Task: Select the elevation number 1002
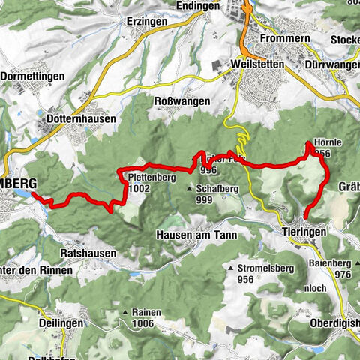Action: tap(138, 189)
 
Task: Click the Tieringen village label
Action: tap(304, 232)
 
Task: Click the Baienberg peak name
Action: tap(334, 264)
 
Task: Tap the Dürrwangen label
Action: tap(334, 64)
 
